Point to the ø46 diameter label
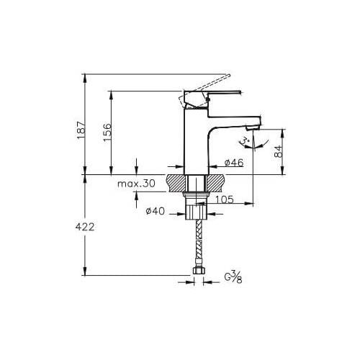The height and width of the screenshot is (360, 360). pos(233,163)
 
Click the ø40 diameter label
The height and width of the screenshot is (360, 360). pos(157,211)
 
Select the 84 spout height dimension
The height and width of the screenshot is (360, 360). pos(278,151)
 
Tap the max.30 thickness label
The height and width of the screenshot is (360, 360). pos(137,184)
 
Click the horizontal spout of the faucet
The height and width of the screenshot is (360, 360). pos(230,115)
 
